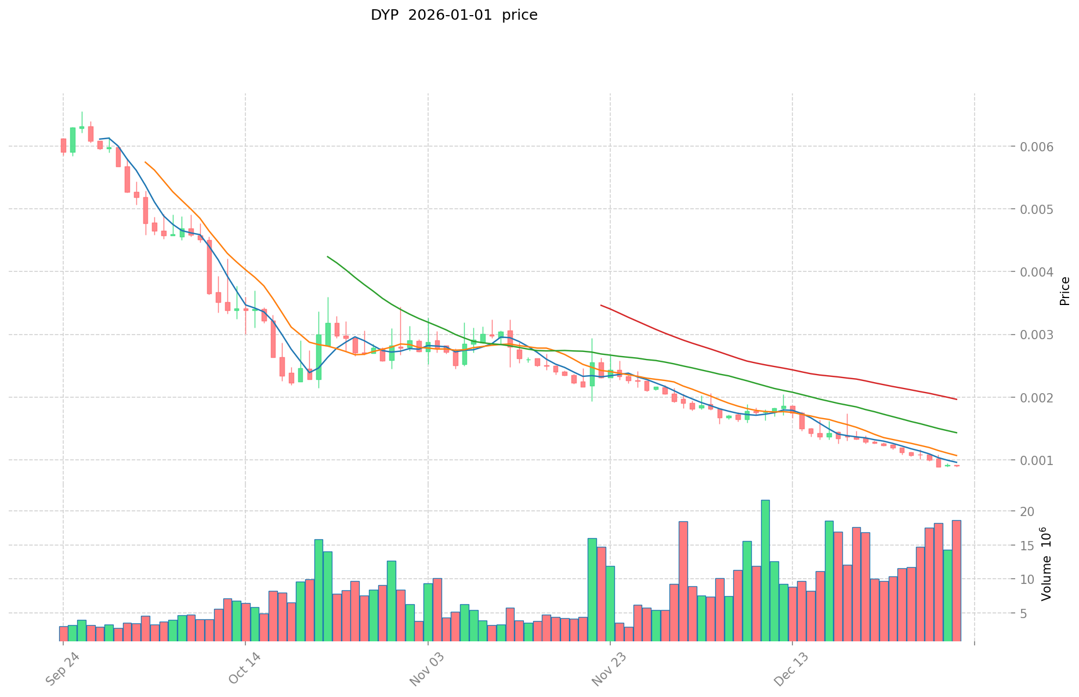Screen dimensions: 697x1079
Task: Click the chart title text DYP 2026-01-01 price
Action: [454, 15]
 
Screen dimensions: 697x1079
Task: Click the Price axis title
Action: [1064, 291]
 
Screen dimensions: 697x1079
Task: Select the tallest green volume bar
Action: [765, 570]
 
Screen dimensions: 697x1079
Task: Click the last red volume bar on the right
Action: [956, 580]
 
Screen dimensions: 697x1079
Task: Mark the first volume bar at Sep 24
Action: [63, 633]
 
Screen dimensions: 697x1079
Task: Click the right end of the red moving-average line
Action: [956, 399]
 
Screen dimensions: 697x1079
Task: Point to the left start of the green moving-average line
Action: [328, 256]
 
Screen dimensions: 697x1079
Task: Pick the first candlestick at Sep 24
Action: [63, 146]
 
